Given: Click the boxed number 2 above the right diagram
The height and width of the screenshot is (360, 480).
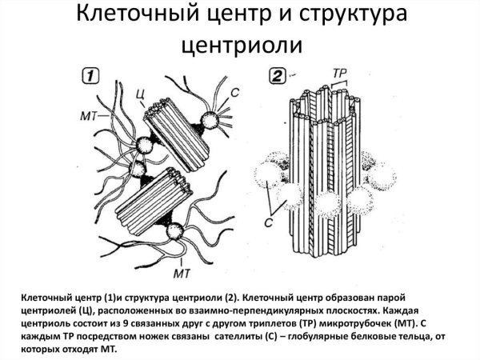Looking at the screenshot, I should coord(277,78).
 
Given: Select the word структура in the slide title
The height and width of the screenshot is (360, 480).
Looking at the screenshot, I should coord(348,17).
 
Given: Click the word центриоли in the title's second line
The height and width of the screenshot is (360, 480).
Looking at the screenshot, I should coord(240,46).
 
